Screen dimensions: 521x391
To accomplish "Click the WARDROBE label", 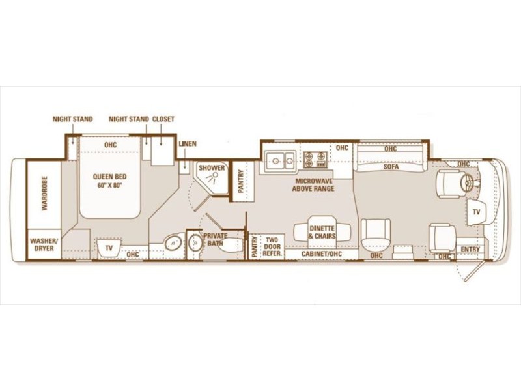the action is (x=44, y=193).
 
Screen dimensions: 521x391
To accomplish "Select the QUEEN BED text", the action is (x=109, y=177).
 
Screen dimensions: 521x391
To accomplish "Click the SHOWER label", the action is (x=212, y=168).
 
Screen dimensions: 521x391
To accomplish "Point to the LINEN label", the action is (x=188, y=144).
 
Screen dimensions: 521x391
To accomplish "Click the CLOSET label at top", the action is (x=163, y=119).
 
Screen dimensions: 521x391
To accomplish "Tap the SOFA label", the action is (x=391, y=167).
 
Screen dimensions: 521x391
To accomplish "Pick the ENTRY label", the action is (x=470, y=249).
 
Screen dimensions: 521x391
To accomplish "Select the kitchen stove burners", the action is (x=315, y=159).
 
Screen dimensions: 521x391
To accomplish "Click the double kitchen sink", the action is (x=280, y=161).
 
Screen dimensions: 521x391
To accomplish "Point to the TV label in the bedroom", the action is (x=109, y=248).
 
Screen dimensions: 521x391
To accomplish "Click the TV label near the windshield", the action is (x=476, y=212).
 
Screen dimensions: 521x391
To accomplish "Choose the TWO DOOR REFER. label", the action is (x=272, y=247).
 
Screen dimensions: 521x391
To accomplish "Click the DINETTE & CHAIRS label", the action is (x=322, y=233).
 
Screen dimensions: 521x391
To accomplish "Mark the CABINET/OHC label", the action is (x=321, y=254).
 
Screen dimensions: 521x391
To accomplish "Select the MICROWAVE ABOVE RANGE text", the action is (x=313, y=185).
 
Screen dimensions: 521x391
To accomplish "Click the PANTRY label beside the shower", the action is (x=241, y=182).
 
